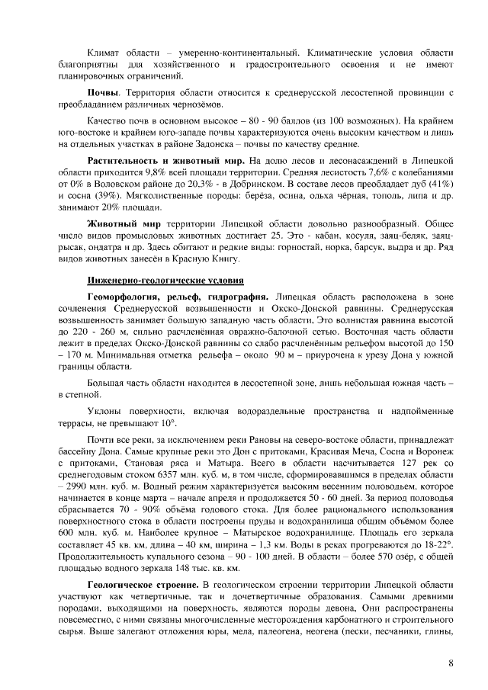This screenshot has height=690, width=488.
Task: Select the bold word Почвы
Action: (105, 92)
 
